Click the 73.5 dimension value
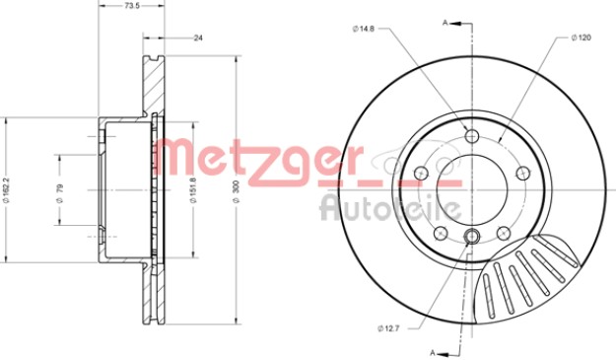(130, 6)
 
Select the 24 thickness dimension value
(198, 38)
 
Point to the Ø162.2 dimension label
(6, 189)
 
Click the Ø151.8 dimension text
(193, 189)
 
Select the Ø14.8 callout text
(364, 29)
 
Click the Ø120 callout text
(582, 37)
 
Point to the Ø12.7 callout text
(388, 328)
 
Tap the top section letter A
(445, 23)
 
